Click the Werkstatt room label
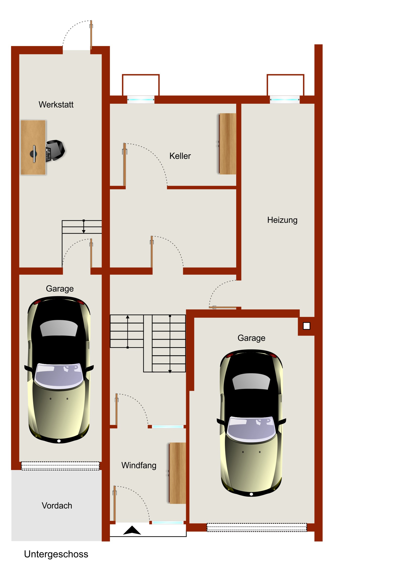pyautogui.click(x=56, y=104)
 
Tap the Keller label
pyautogui.click(x=180, y=156)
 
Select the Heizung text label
pyautogui.click(x=282, y=220)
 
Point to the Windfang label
pyautogui.click(x=139, y=465)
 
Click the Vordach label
pyautogui.click(x=57, y=505)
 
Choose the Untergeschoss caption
pyautogui.click(x=56, y=554)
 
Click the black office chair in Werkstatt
pyautogui.click(x=55, y=151)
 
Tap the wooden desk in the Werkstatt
pyautogui.click(x=33, y=148)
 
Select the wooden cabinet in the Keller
pyautogui.click(x=227, y=144)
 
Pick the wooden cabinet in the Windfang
pyautogui.click(x=177, y=473)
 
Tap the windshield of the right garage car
pyautogui.click(x=251, y=429)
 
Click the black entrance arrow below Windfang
pyautogui.click(x=132, y=530)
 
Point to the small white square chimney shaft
pyautogui.click(x=306, y=326)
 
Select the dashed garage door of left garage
pyautogui.click(x=60, y=466)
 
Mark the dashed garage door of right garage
pyautogui.click(x=257, y=527)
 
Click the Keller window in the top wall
pyautogui.click(x=141, y=100)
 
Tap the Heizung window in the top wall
pyautogui.click(x=285, y=100)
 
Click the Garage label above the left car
pyautogui.click(x=60, y=289)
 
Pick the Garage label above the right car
pyautogui.click(x=251, y=338)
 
